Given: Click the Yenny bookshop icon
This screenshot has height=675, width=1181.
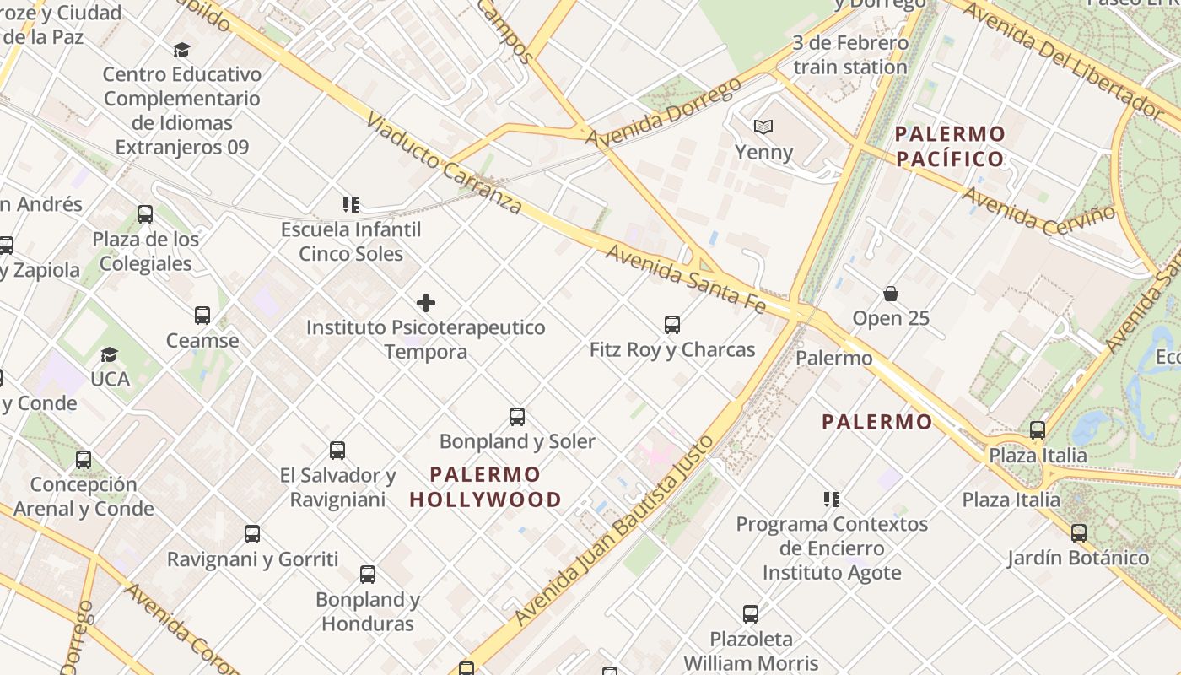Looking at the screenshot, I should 763,127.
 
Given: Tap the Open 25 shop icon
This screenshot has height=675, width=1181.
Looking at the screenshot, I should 891,293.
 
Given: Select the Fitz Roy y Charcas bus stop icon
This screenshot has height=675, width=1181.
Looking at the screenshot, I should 672,324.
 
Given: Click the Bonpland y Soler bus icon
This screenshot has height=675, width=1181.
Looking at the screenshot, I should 517,416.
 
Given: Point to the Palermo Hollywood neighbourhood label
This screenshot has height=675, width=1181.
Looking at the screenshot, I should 485,487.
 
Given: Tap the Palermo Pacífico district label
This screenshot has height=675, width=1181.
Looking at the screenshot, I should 950,146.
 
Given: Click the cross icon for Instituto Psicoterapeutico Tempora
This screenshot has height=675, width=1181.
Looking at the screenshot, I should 426,302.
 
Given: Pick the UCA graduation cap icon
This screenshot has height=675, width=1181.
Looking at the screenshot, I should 109,354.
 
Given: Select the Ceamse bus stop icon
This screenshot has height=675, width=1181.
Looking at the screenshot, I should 202,316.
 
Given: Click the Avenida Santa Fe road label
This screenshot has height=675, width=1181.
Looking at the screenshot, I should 685,278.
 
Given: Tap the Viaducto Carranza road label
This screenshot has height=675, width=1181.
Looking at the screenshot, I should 445,163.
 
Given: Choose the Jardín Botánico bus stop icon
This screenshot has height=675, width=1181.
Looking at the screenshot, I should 1078,533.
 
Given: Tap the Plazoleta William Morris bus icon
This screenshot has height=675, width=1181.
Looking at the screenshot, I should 751,614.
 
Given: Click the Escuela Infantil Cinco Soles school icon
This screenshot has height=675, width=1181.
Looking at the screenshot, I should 351,204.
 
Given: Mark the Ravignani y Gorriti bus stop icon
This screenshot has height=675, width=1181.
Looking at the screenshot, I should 252,534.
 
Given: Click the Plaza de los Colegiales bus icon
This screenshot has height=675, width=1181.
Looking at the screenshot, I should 145,214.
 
